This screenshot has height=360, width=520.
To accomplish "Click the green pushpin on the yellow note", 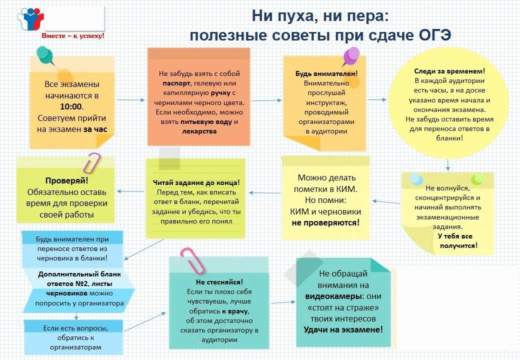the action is click(x=44, y=54).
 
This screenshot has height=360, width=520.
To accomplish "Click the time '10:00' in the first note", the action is click(x=71, y=106).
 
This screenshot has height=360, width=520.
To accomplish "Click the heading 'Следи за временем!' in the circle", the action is click(x=449, y=71).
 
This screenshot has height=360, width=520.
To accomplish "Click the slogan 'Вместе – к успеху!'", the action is click(x=73, y=36).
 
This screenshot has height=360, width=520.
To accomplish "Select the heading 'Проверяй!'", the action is click(x=67, y=181).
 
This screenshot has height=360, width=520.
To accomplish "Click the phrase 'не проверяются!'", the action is click(x=325, y=222).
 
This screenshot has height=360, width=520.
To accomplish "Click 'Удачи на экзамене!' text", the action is click(x=343, y=329).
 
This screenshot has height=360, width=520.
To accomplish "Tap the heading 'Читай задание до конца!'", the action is click(x=196, y=183).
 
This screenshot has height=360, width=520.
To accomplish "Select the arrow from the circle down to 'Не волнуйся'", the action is click(x=448, y=165).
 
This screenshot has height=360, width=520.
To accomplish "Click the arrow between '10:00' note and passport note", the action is click(x=131, y=100).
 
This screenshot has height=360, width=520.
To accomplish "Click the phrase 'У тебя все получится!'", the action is click(x=457, y=240).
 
